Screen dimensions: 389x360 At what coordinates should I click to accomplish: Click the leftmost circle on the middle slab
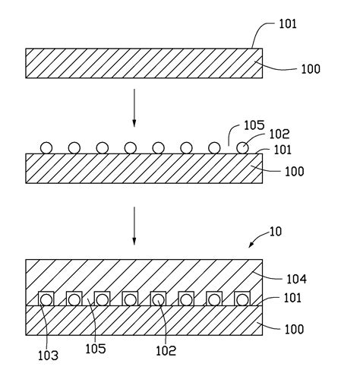[x=48, y=147]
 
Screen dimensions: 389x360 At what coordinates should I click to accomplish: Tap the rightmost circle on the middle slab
[x=242, y=147]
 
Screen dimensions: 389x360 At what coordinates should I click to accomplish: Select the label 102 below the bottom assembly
[x=166, y=351]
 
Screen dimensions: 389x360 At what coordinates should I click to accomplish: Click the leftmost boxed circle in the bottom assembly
[x=47, y=299]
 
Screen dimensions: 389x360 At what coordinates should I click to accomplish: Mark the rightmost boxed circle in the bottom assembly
[x=241, y=299]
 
